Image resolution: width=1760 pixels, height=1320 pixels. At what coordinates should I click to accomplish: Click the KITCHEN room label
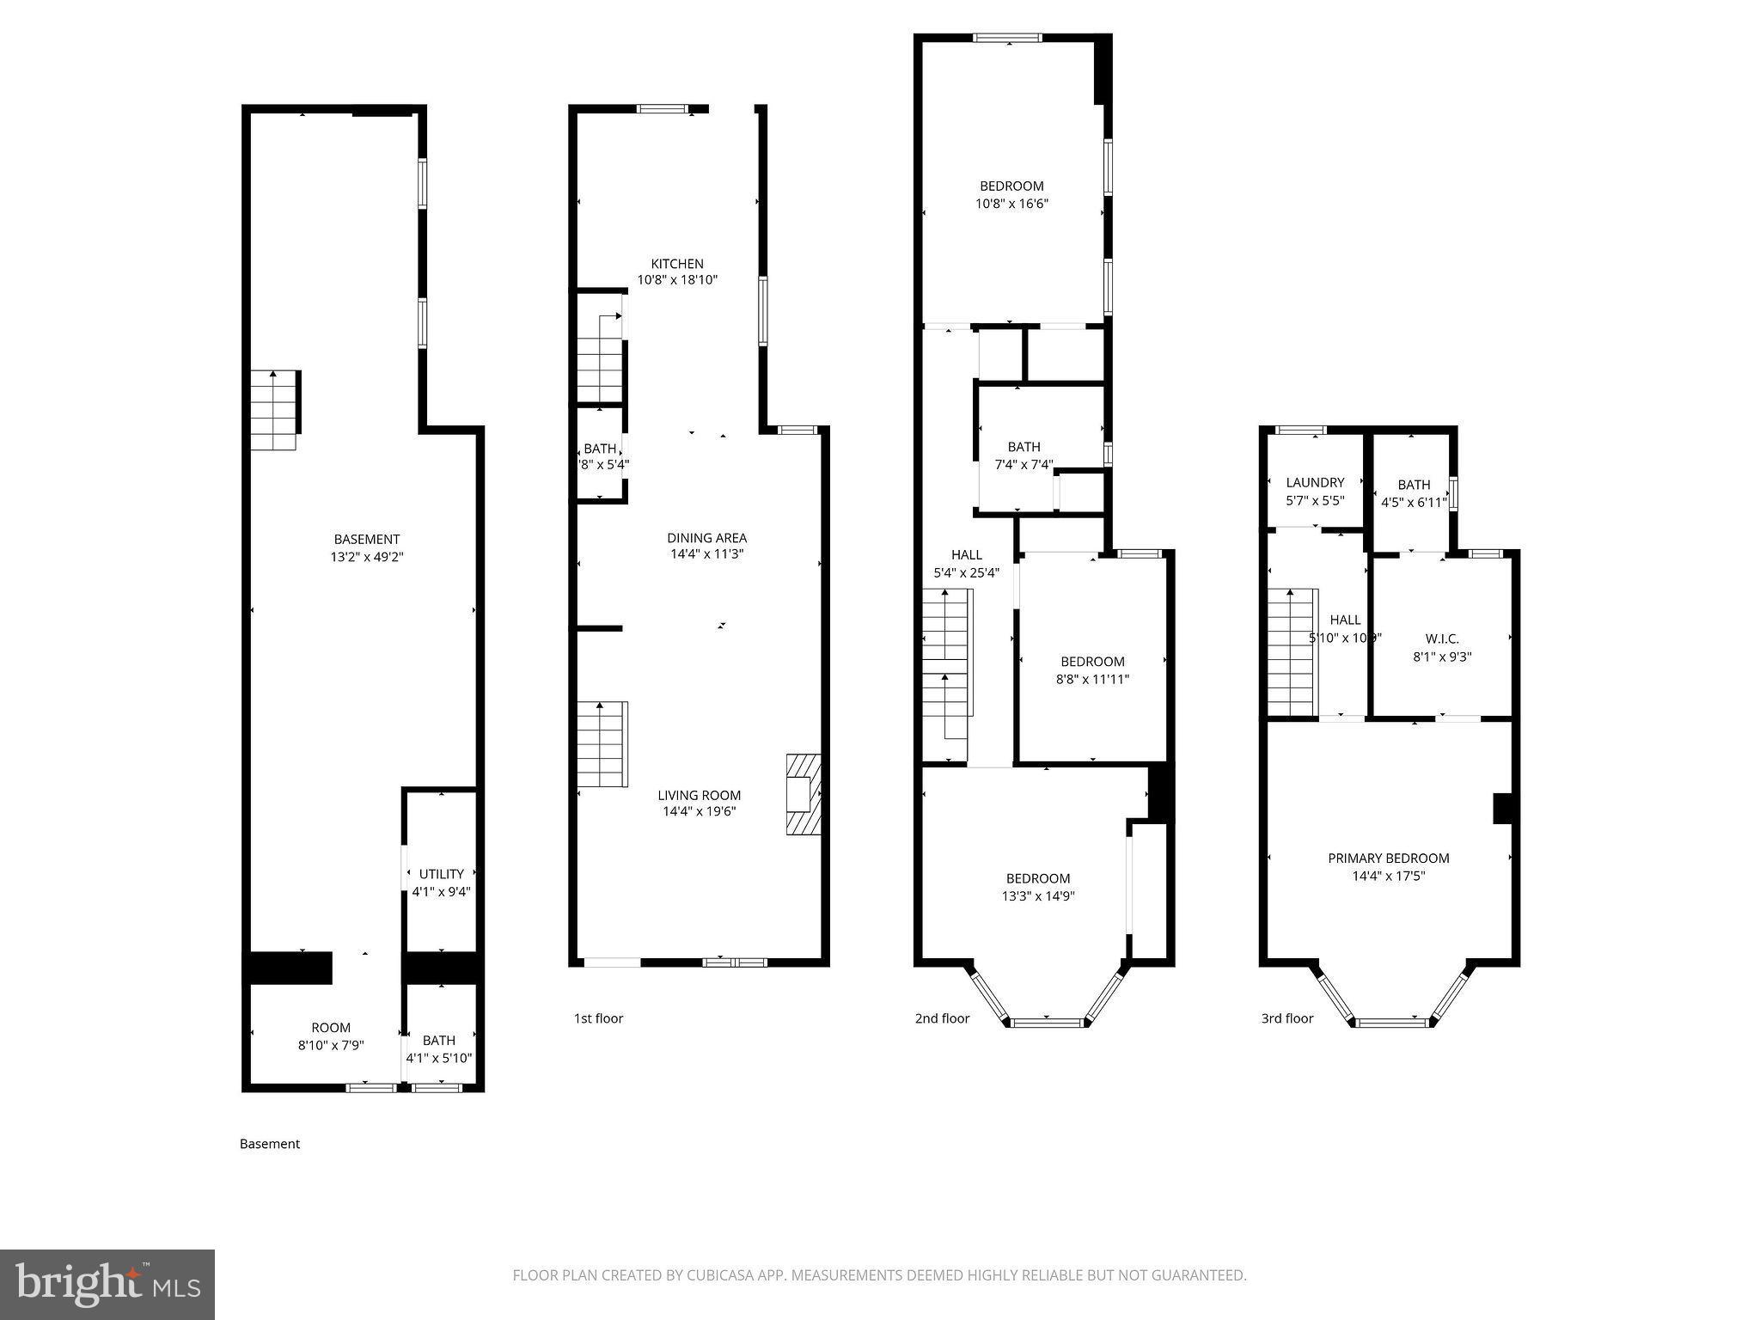[x=677, y=264]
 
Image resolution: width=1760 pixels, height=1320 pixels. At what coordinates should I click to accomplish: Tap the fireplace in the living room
[x=803, y=794]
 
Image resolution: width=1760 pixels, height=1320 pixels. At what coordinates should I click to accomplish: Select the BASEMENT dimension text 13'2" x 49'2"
[x=367, y=557]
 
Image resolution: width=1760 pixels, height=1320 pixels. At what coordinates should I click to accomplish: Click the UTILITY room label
[x=442, y=874]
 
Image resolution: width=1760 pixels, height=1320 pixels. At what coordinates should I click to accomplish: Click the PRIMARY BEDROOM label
[x=1388, y=858]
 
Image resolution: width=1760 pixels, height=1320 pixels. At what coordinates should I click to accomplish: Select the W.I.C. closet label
[x=1441, y=639]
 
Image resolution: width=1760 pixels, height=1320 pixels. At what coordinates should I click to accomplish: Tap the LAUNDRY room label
[x=1315, y=483]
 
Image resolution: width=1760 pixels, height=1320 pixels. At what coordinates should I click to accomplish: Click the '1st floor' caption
[x=598, y=1018]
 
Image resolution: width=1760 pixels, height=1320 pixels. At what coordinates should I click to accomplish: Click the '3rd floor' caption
[x=1286, y=1018]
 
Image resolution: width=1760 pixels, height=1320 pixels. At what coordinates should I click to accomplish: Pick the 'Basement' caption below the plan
[x=270, y=1144]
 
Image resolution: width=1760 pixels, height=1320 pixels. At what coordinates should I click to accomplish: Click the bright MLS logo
[x=107, y=1285]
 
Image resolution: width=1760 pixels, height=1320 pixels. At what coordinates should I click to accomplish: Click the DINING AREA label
[x=706, y=538]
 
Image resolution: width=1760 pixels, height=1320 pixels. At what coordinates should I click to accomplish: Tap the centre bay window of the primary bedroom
[x=1391, y=1022]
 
